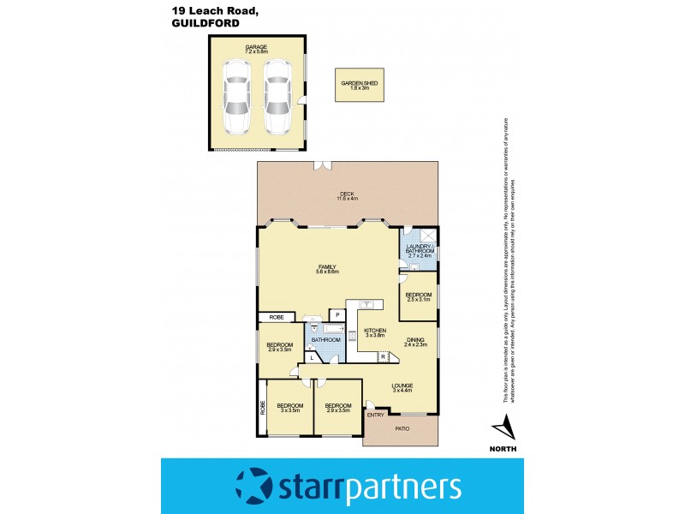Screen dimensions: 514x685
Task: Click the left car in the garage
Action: point(237,96)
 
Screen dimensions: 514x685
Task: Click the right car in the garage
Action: point(277,96)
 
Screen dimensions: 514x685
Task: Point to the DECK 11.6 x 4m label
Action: point(346,196)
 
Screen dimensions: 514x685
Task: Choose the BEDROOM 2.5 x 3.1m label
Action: point(419,297)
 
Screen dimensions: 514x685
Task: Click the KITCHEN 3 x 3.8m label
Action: point(375,333)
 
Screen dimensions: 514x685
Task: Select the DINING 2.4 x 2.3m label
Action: point(415,342)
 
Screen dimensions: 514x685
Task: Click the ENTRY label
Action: point(375,415)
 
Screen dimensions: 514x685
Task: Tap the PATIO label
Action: point(402,427)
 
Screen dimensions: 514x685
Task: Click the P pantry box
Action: point(338,315)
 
